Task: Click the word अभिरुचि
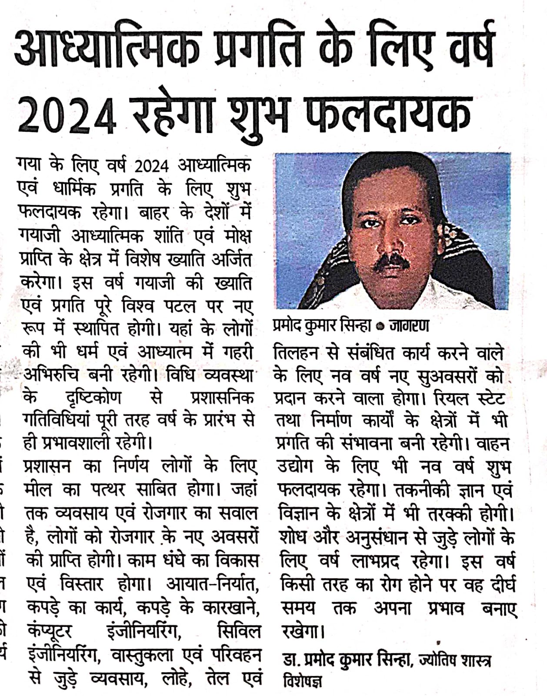click(x=50, y=375)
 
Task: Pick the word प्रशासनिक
click(x=222, y=398)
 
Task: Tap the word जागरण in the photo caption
click(x=409, y=326)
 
